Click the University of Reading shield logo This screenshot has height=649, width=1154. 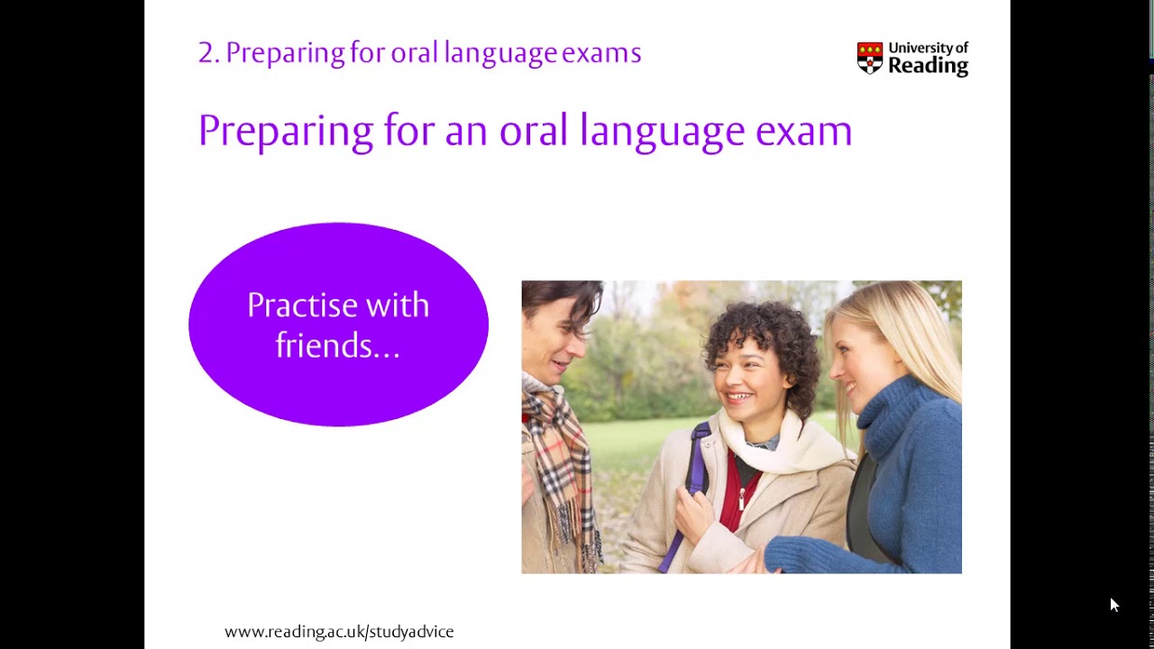[x=869, y=58]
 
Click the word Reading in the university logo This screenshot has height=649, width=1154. [x=928, y=66]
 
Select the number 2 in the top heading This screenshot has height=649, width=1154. [x=206, y=53]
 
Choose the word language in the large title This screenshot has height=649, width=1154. [x=662, y=132]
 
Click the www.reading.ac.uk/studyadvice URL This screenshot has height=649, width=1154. [x=339, y=632]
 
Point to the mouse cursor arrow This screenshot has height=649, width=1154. [x=1113, y=605]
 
